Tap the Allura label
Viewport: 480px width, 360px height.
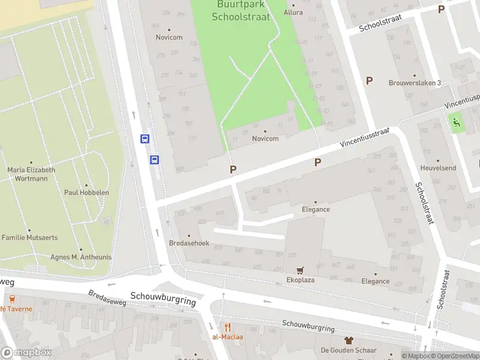click(293, 12)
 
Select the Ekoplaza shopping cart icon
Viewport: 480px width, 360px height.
click(299, 271)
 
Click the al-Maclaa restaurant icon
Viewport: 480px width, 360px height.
click(227, 327)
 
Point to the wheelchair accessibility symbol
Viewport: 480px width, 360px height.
click(456, 123)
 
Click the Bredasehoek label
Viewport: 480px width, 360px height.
click(189, 244)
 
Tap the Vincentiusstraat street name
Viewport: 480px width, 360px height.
click(364, 138)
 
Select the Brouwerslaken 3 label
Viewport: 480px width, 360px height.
click(415, 83)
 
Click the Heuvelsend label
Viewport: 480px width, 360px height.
click(439, 169)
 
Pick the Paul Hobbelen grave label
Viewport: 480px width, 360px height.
click(86, 193)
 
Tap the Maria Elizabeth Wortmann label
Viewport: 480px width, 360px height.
click(31, 173)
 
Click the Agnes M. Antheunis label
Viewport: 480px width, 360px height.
click(81, 257)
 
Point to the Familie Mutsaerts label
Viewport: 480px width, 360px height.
click(30, 238)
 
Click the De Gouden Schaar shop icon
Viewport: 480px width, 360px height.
click(349, 340)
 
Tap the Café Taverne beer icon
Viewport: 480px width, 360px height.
click(11, 298)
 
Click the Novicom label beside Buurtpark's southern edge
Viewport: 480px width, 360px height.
click(265, 139)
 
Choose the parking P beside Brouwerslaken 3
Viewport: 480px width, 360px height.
click(369, 80)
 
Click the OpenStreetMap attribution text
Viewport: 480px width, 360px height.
click(457, 356)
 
